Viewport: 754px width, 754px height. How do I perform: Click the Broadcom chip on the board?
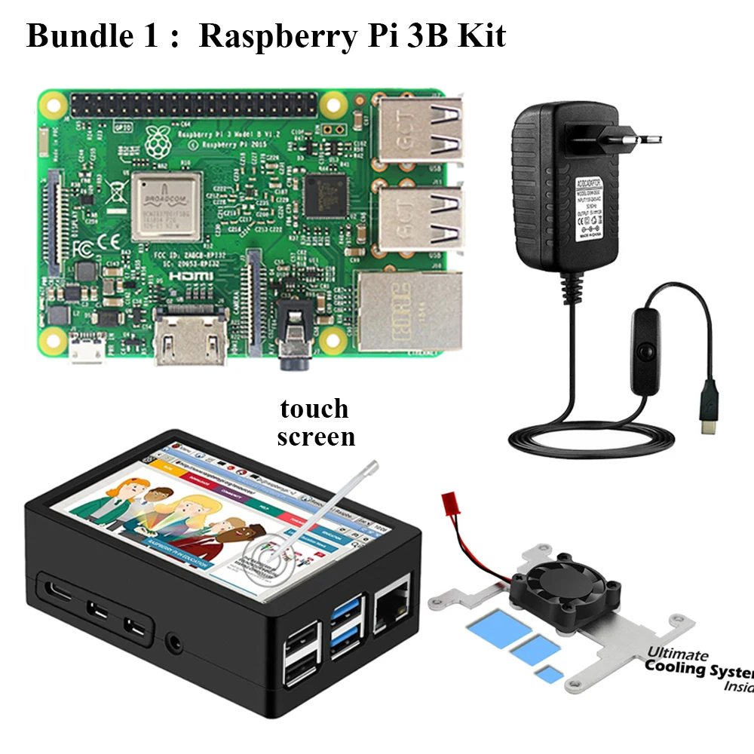166,206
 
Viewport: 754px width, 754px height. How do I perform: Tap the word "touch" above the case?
314,409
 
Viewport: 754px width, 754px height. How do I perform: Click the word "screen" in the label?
316,436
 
